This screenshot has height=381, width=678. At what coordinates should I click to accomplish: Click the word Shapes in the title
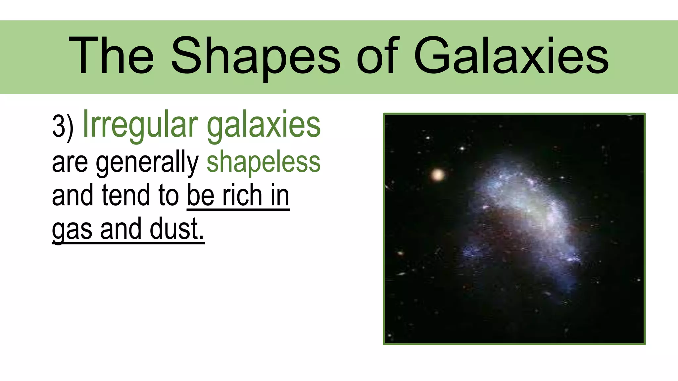point(255,56)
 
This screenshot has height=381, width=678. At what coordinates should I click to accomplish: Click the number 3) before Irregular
point(63,127)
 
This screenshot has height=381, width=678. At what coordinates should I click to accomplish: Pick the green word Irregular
point(140,124)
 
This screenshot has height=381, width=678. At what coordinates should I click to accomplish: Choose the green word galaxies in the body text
point(264,126)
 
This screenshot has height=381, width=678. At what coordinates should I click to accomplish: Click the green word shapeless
point(264,162)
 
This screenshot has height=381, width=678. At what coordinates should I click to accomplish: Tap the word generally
point(147,163)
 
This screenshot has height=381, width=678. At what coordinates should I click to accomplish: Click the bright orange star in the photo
point(438,174)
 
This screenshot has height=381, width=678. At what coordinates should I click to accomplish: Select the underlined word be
point(201,196)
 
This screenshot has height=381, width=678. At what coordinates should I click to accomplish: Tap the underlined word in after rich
point(280,196)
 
